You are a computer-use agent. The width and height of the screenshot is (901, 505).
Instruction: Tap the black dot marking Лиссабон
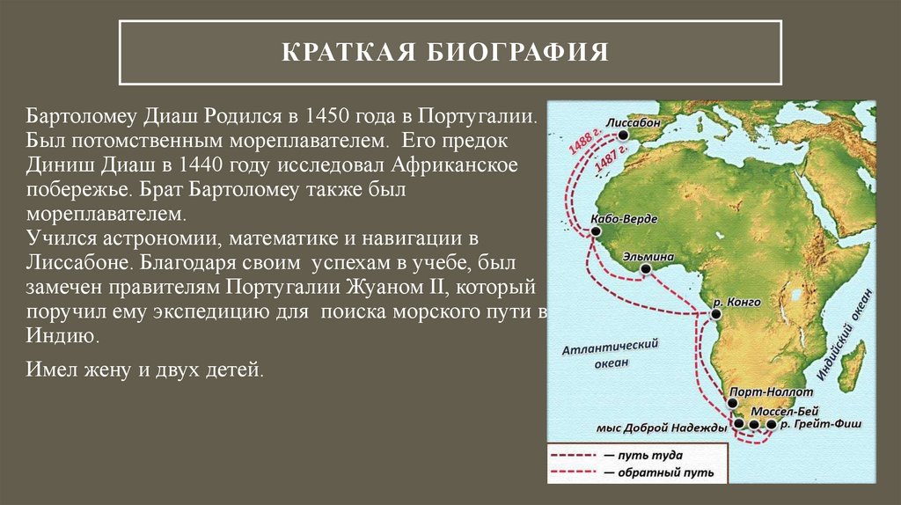coord(623,136)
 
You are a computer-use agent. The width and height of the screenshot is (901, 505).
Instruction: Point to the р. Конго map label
coord(737,302)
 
